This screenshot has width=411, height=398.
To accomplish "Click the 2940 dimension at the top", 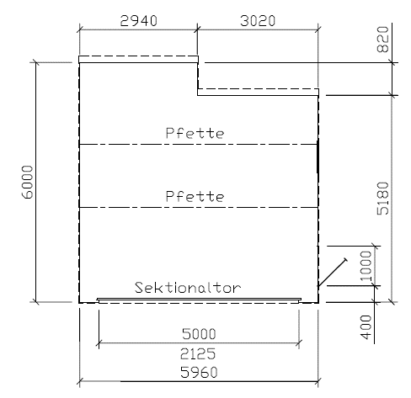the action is coord(139,21).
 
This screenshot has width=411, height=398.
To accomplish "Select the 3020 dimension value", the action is coord(258,21).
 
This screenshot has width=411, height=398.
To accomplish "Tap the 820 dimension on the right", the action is coord(382,40).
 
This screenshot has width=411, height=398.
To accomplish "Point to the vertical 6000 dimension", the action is coord(28,182).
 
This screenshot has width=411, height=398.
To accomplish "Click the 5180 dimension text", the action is coord(382,199).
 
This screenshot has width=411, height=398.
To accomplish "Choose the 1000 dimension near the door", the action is coord(366,266).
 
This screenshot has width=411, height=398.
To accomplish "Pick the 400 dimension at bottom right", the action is coord(366,326).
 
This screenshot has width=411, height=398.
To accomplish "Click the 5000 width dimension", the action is coord(199,334).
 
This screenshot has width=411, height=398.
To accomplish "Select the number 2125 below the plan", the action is coord(198,353).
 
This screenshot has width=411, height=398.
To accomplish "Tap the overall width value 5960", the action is coord(199,372).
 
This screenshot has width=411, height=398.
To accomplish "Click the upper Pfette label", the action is coord(195,133).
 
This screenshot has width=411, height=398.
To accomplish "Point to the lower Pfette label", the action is coord(195,196).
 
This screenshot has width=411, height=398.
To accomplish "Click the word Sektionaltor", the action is coord(188,288).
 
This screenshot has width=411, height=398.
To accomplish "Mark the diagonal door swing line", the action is coord(332,273).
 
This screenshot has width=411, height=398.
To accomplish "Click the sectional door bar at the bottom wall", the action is coord(199,300).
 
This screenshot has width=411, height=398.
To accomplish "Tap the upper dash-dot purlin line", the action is coord(199,145).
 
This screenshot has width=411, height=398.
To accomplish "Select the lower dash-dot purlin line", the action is coord(199,208).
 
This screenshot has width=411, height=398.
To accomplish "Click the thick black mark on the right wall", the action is coord(318,157).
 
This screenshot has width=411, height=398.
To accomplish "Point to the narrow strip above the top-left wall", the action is coord(139,59).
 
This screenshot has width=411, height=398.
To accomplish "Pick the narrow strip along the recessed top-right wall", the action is coord(258,92).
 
